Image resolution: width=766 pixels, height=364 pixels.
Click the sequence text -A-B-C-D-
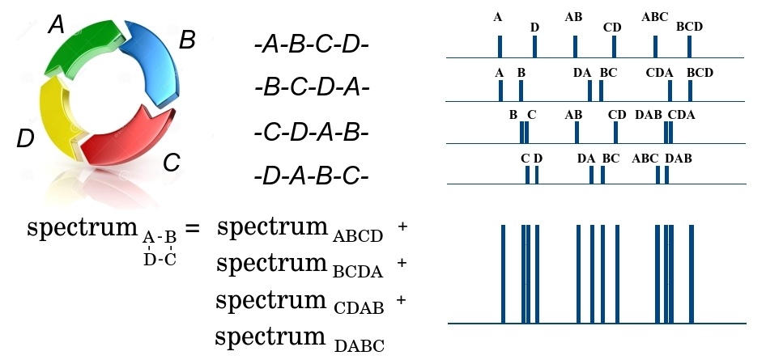311,45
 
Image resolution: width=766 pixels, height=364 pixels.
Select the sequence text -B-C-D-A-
311,89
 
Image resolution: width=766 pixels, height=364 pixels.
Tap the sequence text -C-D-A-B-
311,133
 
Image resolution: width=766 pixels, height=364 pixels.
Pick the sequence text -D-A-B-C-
311,176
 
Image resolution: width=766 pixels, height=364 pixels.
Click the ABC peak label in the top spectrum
654,17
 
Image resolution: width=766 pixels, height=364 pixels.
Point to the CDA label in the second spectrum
659,73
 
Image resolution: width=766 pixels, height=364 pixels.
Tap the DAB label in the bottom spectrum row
678,159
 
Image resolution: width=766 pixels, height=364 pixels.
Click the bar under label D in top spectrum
535,46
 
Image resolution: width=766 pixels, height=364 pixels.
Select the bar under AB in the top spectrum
576,46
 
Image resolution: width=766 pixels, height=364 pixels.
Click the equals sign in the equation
192,228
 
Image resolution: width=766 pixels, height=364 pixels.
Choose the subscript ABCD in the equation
358,237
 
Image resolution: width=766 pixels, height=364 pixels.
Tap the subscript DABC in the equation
359,346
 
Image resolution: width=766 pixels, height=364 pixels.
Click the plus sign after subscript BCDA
402,263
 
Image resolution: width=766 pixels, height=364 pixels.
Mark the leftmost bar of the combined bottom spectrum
503,273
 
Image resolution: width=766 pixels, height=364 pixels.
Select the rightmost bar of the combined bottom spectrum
692,273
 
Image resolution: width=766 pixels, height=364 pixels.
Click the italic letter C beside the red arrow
172,163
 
